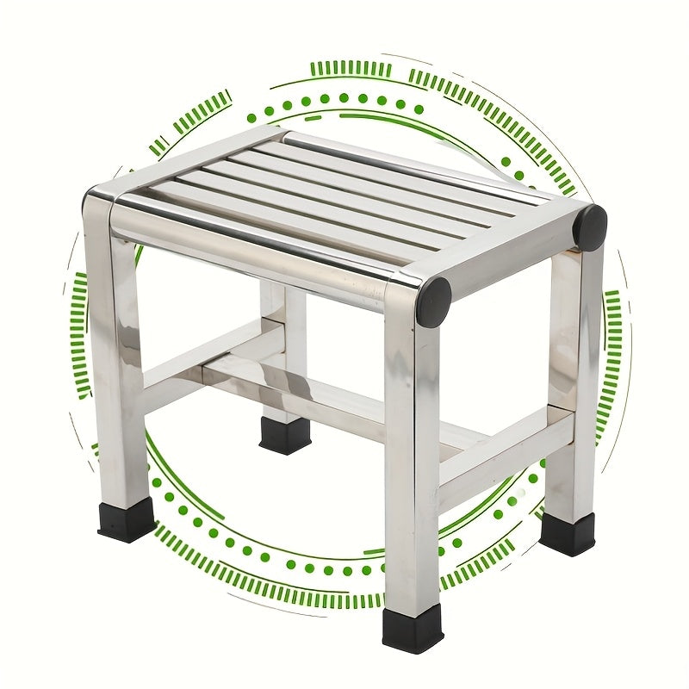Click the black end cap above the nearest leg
point(433,301)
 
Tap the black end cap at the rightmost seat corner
point(590,227)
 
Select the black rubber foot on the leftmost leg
point(126,519)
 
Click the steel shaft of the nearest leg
point(412,465)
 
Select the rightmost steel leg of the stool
point(572,388)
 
